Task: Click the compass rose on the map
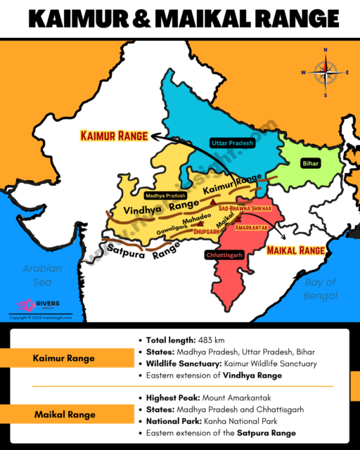(x=326, y=72)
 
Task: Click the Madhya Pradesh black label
(x=165, y=195)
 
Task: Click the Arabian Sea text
(x=41, y=275)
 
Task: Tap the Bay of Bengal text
(x=321, y=288)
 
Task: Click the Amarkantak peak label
(x=252, y=228)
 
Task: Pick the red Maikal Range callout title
(x=297, y=250)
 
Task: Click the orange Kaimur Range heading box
(x=63, y=359)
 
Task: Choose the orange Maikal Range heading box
(x=63, y=415)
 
